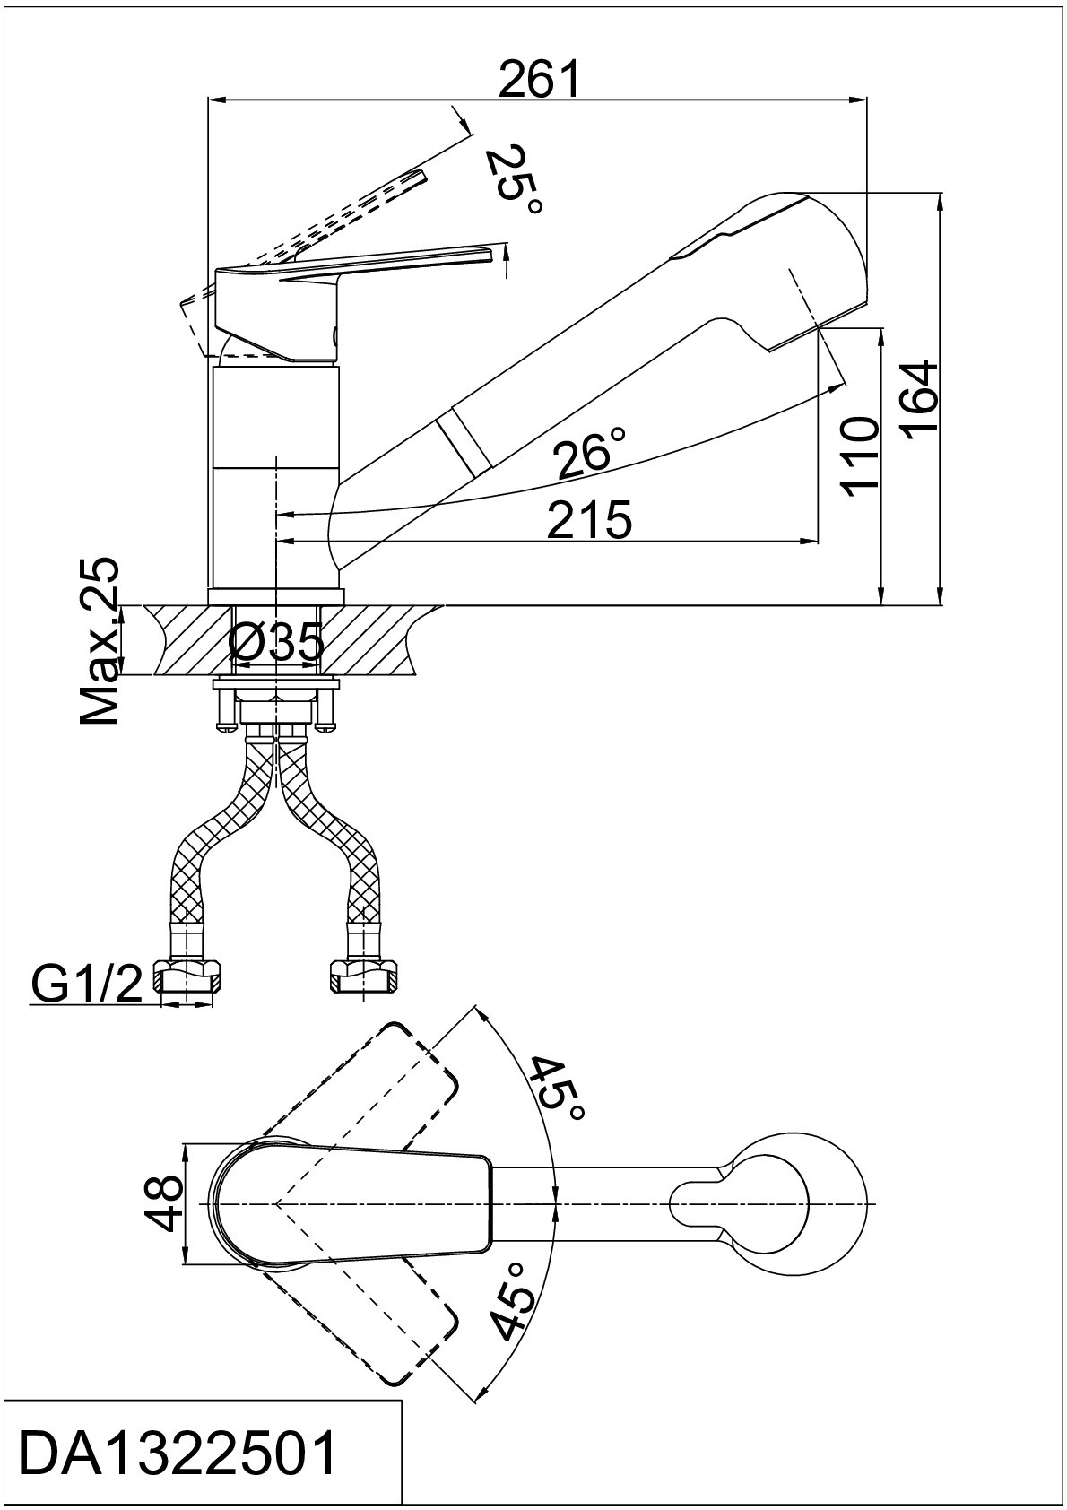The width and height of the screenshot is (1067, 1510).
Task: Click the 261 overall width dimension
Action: click(539, 80)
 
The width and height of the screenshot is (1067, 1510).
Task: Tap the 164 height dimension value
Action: click(919, 401)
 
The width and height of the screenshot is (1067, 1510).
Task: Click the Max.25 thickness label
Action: click(99, 641)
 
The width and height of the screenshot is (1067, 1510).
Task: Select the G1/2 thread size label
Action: click(85, 988)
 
